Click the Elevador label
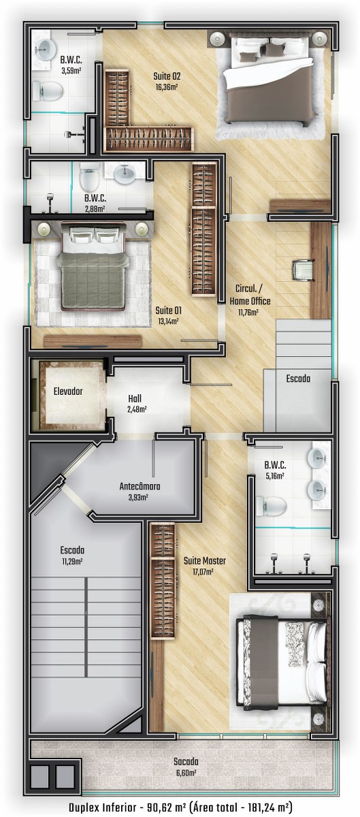(68, 391)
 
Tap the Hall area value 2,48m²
(137, 409)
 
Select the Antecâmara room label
(140, 486)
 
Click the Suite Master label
(205, 560)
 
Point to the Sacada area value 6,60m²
(186, 773)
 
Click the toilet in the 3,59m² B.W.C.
(48, 91)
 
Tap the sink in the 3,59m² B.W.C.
(47, 48)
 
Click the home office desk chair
(303, 271)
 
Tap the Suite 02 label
(167, 76)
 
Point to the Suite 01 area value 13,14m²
(168, 321)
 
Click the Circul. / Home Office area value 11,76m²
(248, 313)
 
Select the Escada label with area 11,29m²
(72, 550)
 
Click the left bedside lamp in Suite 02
(217, 38)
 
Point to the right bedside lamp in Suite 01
(141, 229)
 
